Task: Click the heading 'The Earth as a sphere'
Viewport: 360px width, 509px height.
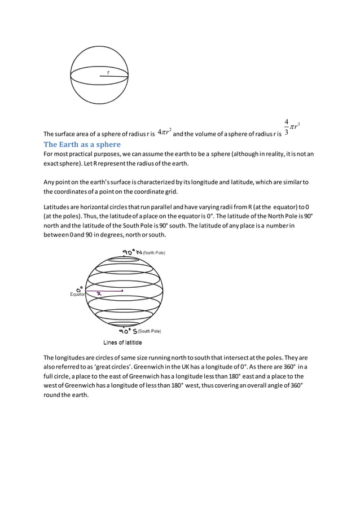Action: click(x=82, y=144)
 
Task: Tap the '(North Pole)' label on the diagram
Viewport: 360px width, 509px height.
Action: click(x=153, y=253)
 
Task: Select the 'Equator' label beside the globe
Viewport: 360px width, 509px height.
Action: click(x=77, y=294)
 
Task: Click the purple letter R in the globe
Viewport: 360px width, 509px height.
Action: click(x=99, y=293)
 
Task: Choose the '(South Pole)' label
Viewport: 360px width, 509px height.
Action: click(x=149, y=331)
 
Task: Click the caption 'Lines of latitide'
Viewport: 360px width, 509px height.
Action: click(x=122, y=343)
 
